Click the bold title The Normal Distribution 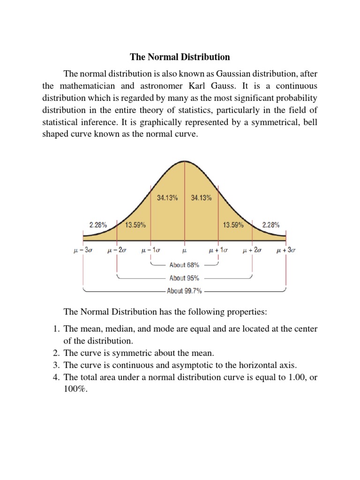click(x=180, y=57)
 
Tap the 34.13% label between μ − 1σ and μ click(x=167, y=198)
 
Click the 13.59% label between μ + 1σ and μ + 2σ click(x=233, y=225)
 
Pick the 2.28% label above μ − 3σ click(x=98, y=225)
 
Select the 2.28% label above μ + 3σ click(x=271, y=225)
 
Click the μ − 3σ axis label click(x=83, y=251)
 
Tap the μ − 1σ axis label click(x=151, y=251)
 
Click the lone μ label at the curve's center click(x=184, y=251)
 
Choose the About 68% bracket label click(x=184, y=265)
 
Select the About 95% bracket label click(x=184, y=278)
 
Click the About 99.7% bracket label click(x=184, y=291)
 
